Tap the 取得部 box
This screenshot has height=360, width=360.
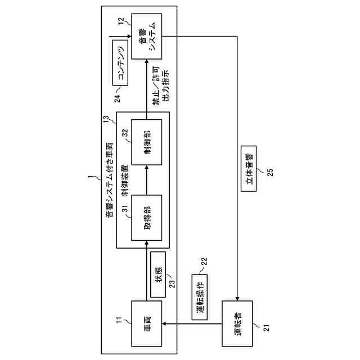tap(146, 217)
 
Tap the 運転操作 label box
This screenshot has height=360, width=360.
tap(200, 298)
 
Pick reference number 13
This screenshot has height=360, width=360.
tap(106, 118)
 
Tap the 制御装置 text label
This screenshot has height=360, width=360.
tap(124, 174)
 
